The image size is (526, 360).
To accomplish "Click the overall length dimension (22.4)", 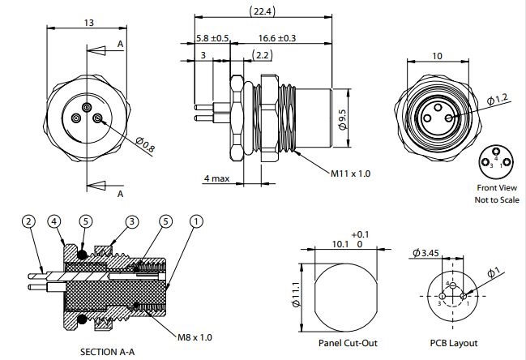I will click(261, 11).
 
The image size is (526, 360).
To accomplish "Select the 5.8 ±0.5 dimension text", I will click(212, 38).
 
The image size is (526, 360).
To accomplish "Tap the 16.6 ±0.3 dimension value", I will click(277, 38).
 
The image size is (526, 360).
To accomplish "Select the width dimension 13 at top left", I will click(88, 24).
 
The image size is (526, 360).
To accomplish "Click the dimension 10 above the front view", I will click(438, 55).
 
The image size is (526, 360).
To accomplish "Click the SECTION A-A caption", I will click(113, 353).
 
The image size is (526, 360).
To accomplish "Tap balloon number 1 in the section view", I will click(195, 221).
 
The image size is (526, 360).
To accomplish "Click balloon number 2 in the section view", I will click(28, 221).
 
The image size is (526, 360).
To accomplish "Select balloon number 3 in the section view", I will click(132, 221).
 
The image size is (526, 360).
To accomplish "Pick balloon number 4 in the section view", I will click(53, 221).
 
